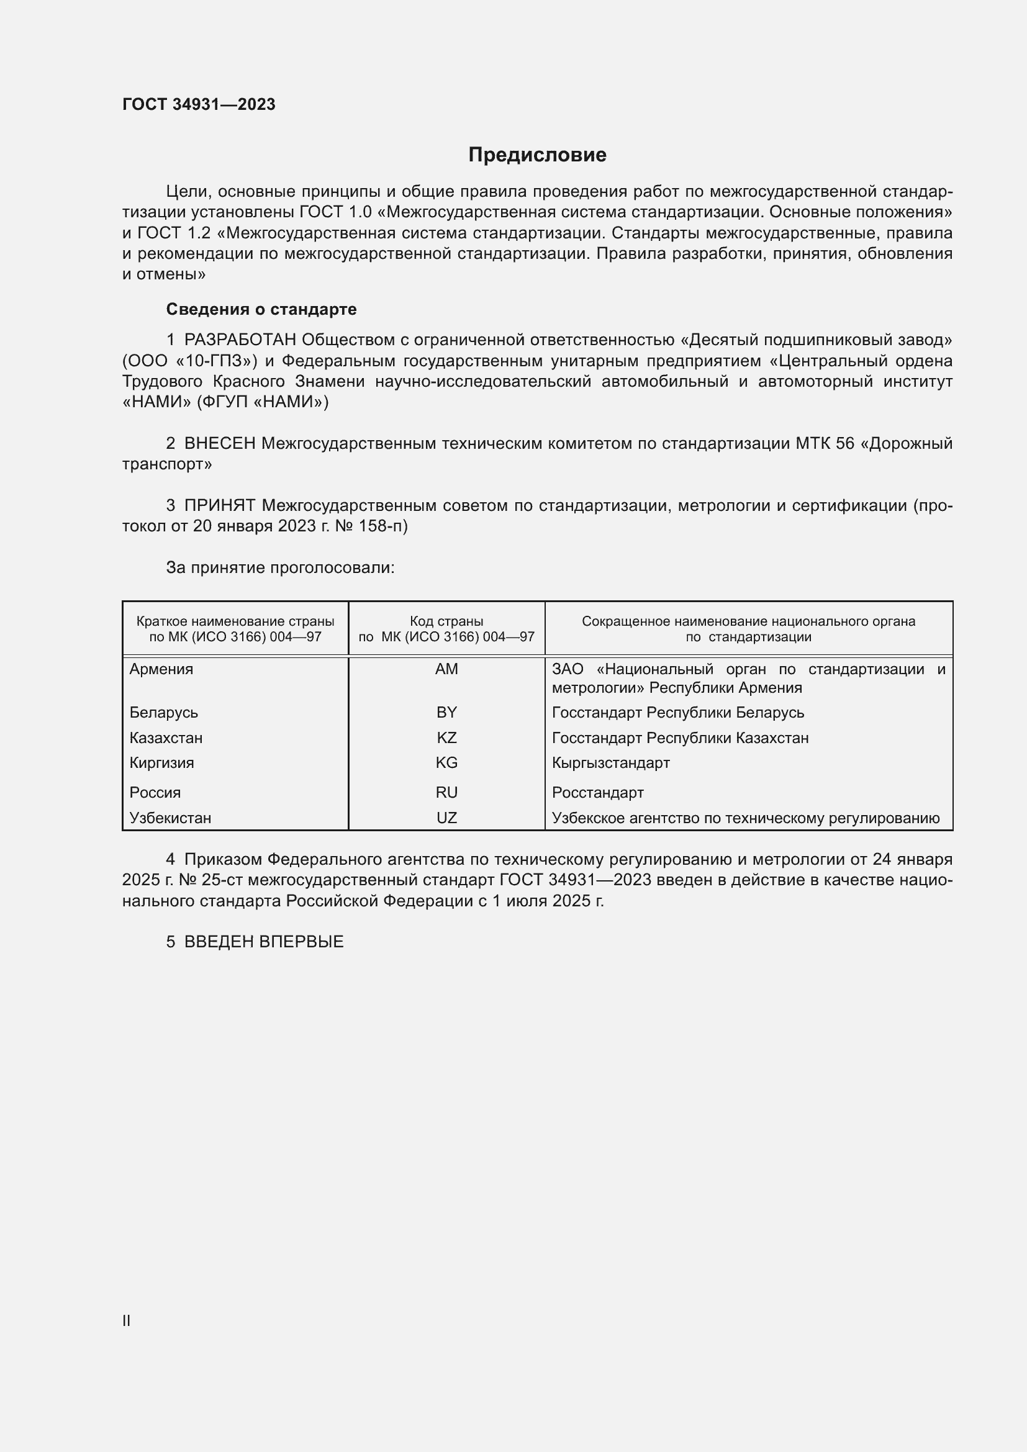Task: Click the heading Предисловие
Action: [537, 155]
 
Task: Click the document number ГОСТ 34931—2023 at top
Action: [199, 105]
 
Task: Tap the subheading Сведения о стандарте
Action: [261, 309]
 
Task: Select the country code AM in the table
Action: [446, 669]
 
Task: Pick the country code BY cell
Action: [446, 713]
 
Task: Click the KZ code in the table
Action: [446, 738]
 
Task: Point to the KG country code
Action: [446, 763]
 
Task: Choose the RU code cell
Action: [446, 792]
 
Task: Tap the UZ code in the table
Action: [446, 818]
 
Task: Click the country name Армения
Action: [161, 669]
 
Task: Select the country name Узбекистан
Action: [170, 818]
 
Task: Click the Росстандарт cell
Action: [597, 792]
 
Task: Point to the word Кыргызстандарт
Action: [610, 763]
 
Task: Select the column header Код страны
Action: [446, 621]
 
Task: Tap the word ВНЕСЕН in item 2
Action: [219, 443]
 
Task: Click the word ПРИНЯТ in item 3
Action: [219, 505]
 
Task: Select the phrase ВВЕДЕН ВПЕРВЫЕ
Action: [264, 942]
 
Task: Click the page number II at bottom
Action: [127, 1320]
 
